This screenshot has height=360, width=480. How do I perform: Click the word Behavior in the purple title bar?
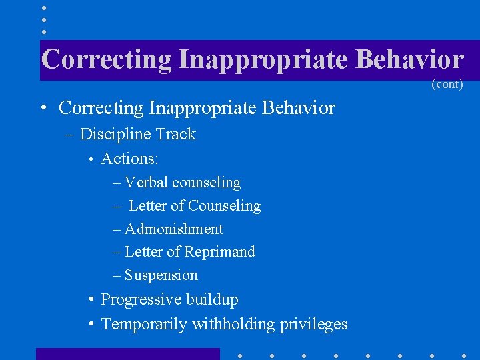[x=409, y=59]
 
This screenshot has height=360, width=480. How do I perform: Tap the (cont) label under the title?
[x=447, y=84]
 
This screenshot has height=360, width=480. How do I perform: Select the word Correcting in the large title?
[x=107, y=59]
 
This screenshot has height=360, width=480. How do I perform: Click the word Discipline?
[x=114, y=134]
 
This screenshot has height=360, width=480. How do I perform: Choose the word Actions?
[x=130, y=159]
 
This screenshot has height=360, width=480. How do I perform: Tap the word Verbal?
[x=147, y=182]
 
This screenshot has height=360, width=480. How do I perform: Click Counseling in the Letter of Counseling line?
[x=225, y=206]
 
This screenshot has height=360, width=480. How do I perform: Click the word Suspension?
[x=161, y=275]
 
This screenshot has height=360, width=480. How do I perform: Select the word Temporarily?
[x=143, y=325]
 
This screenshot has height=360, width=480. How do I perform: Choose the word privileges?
[x=313, y=325]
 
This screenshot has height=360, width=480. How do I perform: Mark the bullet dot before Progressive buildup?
[x=91, y=300]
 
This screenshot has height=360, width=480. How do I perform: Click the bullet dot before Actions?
[x=91, y=159]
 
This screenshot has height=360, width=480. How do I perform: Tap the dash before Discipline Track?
[x=71, y=135]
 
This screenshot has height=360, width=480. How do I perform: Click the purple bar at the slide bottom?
[x=127, y=353]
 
